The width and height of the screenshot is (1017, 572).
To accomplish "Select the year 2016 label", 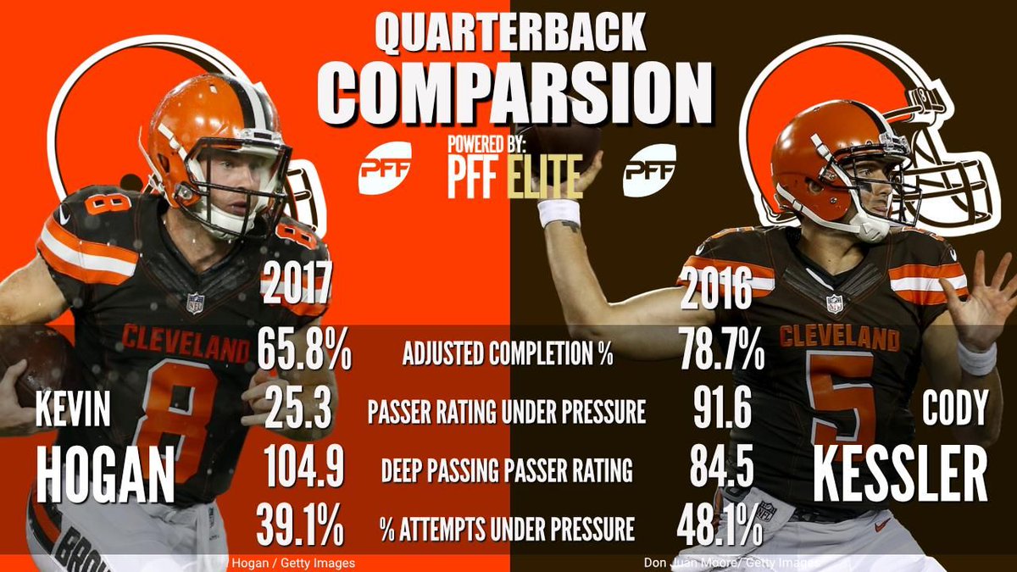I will [x=716, y=291].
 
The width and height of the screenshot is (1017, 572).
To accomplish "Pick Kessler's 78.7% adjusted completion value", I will [x=720, y=353].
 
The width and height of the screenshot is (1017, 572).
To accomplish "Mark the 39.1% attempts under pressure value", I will [x=301, y=528].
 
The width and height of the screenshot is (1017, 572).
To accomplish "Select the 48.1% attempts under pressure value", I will [x=719, y=528].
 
